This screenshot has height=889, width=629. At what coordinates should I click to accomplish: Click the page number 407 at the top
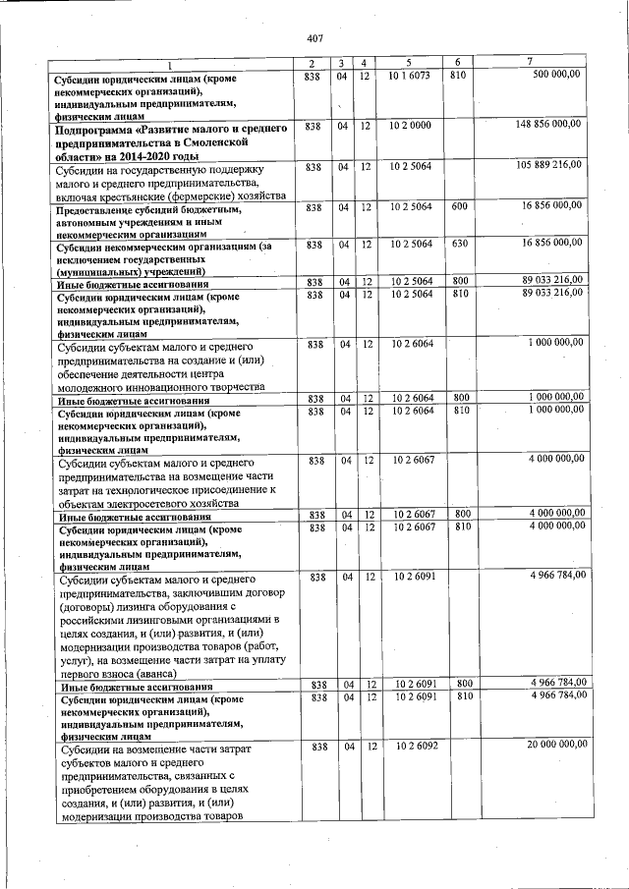coord(314,37)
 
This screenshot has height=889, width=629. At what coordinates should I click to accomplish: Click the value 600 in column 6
coord(458,206)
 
